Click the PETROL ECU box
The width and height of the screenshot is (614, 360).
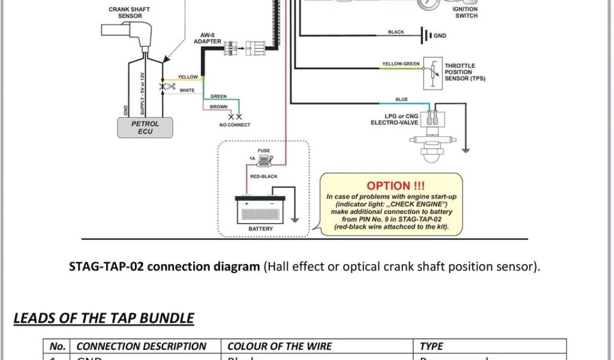click(x=145, y=127)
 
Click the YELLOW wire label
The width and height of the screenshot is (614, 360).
click(x=188, y=77)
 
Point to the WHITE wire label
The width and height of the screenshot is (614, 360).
click(x=187, y=91)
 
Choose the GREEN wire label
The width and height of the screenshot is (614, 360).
click(x=218, y=97)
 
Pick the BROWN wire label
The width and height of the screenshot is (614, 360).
click(x=218, y=107)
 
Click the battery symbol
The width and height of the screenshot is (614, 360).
click(x=260, y=210)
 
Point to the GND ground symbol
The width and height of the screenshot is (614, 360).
click(x=428, y=35)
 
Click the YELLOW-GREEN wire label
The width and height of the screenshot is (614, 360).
click(x=401, y=64)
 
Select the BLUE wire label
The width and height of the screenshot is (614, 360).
click(x=401, y=99)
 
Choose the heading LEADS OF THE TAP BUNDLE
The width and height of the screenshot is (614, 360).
click(x=104, y=318)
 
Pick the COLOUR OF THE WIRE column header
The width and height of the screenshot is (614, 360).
click(x=279, y=346)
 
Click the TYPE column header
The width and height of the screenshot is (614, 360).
click(x=432, y=346)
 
